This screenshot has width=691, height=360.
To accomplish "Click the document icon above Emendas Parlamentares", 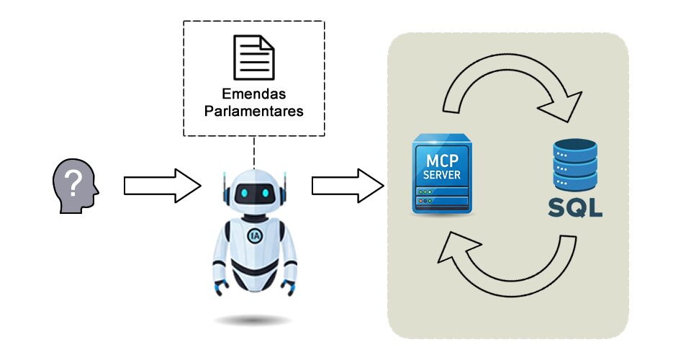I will [x=253, y=58].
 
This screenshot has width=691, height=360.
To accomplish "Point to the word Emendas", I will [x=253, y=94].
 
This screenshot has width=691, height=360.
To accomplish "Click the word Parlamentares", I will [x=253, y=112].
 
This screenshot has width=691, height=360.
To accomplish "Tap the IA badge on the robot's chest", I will [x=254, y=235].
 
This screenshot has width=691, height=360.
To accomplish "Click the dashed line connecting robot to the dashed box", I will [x=254, y=152].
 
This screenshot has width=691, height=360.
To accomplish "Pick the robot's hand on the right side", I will [x=289, y=287].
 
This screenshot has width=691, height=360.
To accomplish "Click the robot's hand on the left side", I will [x=218, y=287].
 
